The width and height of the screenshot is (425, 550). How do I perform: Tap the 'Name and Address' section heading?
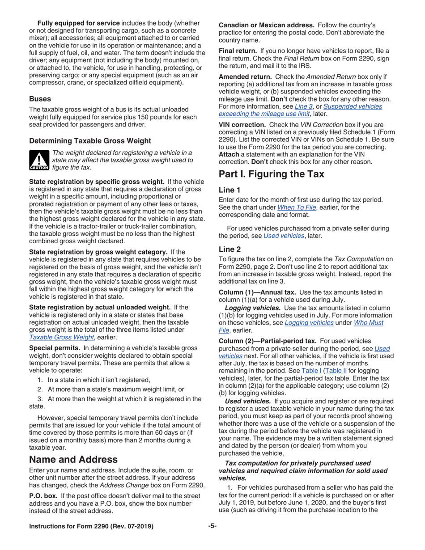click(73, 460)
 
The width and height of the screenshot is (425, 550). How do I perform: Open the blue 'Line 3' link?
click(304, 106)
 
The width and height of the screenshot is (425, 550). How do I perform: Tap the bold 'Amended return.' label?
click(245, 76)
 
